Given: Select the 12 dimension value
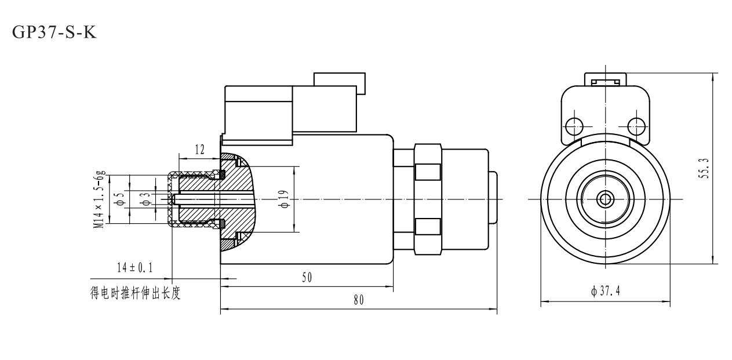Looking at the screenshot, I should (x=199, y=150).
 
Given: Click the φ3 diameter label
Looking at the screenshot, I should (x=147, y=199).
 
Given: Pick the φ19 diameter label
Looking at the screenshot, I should (x=284, y=199).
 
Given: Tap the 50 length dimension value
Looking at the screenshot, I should (x=307, y=278).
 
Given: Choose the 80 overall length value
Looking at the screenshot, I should (x=359, y=300).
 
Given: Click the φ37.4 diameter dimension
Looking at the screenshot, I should (x=605, y=290).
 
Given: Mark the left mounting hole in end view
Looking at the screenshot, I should (x=574, y=125).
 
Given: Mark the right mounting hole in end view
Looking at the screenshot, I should (x=636, y=125).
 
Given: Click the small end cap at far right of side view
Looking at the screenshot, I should (x=493, y=199).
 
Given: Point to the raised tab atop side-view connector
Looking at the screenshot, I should (x=339, y=83).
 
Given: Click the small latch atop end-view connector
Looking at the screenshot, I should (x=605, y=79).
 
